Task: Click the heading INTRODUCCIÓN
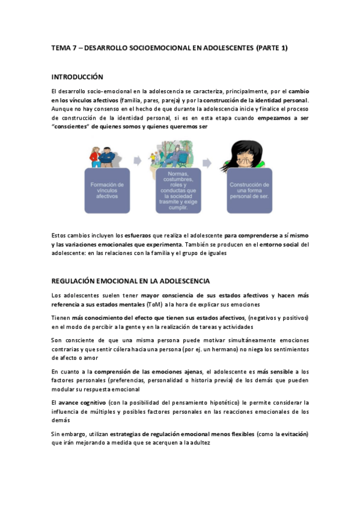[77, 77]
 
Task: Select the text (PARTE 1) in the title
[272, 48]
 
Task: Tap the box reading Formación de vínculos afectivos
[108, 191]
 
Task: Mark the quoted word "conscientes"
[73, 127]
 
